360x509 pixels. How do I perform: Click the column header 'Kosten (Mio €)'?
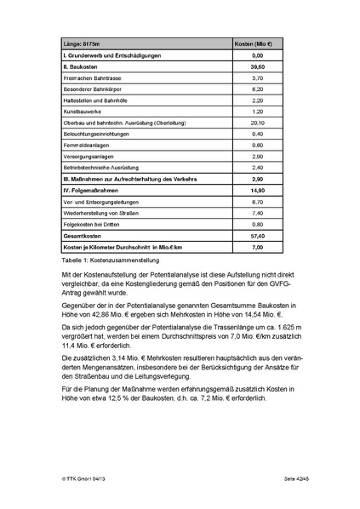point(257,43)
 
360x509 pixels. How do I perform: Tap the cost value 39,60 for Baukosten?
point(257,66)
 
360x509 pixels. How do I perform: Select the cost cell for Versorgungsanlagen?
point(257,156)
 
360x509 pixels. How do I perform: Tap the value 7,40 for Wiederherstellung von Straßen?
point(257,213)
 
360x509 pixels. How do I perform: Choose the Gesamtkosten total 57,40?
point(257,236)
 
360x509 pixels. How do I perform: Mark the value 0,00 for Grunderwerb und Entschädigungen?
point(257,54)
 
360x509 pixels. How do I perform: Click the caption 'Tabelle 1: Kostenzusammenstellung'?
point(111,260)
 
